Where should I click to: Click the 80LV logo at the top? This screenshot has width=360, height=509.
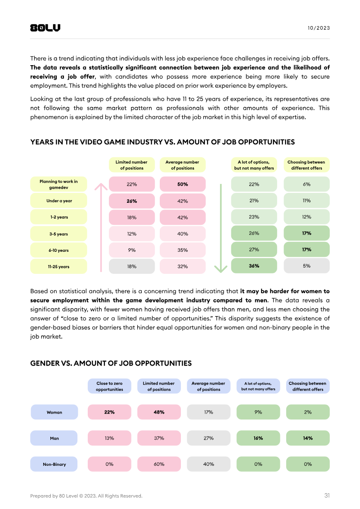click(x=45, y=28)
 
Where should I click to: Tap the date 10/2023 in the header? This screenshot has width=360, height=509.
click(x=319, y=28)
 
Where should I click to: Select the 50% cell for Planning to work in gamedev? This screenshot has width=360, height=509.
click(x=182, y=184)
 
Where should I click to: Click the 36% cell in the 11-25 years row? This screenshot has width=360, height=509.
click(x=254, y=266)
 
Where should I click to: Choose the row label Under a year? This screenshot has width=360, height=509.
click(x=59, y=201)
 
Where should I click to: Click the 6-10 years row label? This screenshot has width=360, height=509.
click(x=59, y=250)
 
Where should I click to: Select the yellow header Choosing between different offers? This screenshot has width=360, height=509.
click(x=306, y=165)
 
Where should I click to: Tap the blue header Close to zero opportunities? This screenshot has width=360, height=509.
click(x=109, y=386)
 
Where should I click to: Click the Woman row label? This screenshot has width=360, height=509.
click(x=54, y=412)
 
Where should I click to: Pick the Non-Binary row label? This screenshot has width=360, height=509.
click(x=54, y=464)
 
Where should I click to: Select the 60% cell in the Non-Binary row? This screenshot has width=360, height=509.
click(x=159, y=464)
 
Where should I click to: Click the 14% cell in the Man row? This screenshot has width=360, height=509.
click(x=308, y=438)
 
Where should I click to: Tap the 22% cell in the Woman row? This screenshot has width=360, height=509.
click(x=109, y=412)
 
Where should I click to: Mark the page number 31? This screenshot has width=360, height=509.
click(x=327, y=496)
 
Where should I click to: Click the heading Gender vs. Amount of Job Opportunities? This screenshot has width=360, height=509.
click(x=111, y=363)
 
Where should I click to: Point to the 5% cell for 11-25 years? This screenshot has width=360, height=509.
click(x=306, y=266)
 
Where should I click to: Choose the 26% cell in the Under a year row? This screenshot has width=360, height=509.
click(x=131, y=201)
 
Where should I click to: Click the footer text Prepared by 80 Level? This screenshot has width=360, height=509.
click(x=86, y=496)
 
